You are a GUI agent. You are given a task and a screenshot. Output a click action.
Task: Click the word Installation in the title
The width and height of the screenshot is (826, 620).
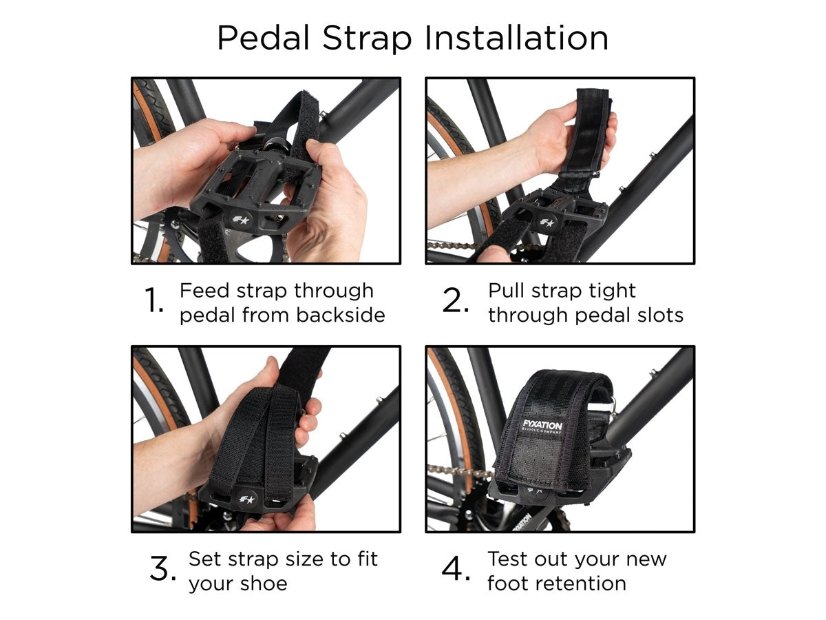[516, 38]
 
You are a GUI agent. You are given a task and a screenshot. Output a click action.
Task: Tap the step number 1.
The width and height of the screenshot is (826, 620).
[154, 302]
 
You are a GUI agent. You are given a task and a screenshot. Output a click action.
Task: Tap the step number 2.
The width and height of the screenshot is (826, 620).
[456, 302]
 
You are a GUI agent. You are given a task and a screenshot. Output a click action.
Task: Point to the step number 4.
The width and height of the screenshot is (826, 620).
[456, 570]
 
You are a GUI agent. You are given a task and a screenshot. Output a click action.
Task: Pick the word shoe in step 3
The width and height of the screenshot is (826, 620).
[263, 583]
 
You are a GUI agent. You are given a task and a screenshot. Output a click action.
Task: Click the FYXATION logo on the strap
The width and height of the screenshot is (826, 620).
[542, 425]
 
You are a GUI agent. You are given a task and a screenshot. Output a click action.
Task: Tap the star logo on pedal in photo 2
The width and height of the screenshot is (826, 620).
[547, 223]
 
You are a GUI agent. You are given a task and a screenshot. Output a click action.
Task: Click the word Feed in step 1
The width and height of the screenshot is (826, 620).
[200, 291]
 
